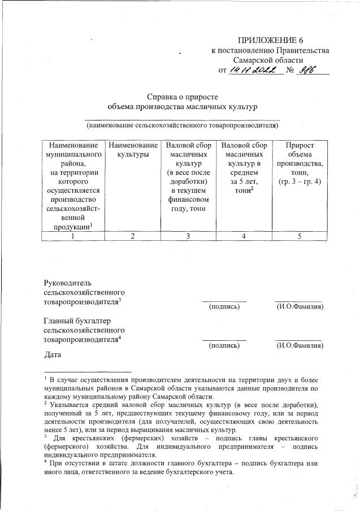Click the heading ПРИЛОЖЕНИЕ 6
pyautogui.click(x=275, y=40)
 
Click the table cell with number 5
pyautogui.click(x=300, y=236)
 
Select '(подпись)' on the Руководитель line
pyautogui.click(x=224, y=307)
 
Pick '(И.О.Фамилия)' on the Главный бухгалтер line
pyautogui.click(x=299, y=345)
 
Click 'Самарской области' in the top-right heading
pyautogui.click(x=268, y=60)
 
